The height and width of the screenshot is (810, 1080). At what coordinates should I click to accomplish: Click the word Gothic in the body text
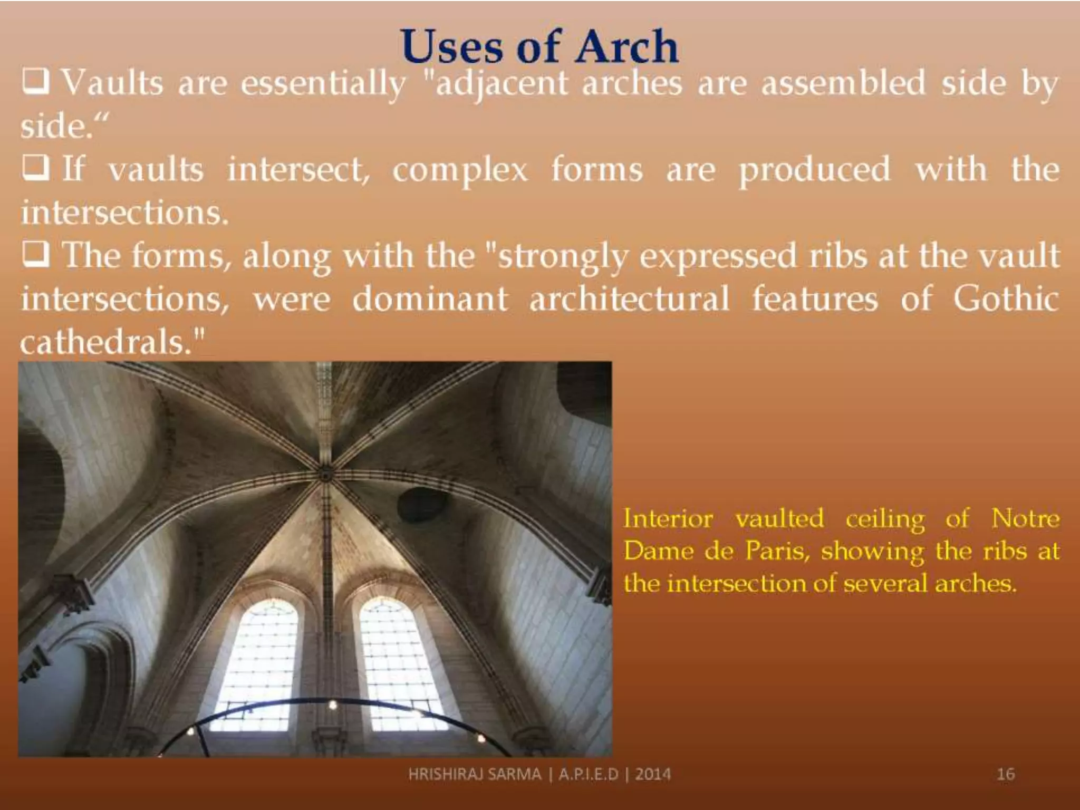1006,298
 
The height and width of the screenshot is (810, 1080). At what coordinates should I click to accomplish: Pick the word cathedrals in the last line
105,342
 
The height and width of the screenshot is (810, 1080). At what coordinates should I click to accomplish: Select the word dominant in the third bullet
430,298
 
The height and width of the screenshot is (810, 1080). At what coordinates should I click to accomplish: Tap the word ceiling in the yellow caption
885,519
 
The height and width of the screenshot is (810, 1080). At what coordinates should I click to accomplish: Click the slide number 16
1006,774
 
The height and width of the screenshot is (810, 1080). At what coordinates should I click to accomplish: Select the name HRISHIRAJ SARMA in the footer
475,774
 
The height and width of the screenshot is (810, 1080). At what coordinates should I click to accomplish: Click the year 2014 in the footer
653,774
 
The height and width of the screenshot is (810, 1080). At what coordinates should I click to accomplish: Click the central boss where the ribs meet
325,475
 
